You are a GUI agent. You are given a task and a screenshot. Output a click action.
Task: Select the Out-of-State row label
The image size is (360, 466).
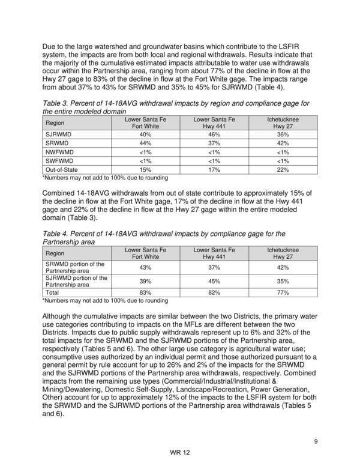62,170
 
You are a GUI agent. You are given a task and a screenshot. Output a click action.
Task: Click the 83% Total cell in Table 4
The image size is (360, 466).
145,292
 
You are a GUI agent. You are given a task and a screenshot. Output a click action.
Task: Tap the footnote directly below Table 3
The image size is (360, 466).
105,178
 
